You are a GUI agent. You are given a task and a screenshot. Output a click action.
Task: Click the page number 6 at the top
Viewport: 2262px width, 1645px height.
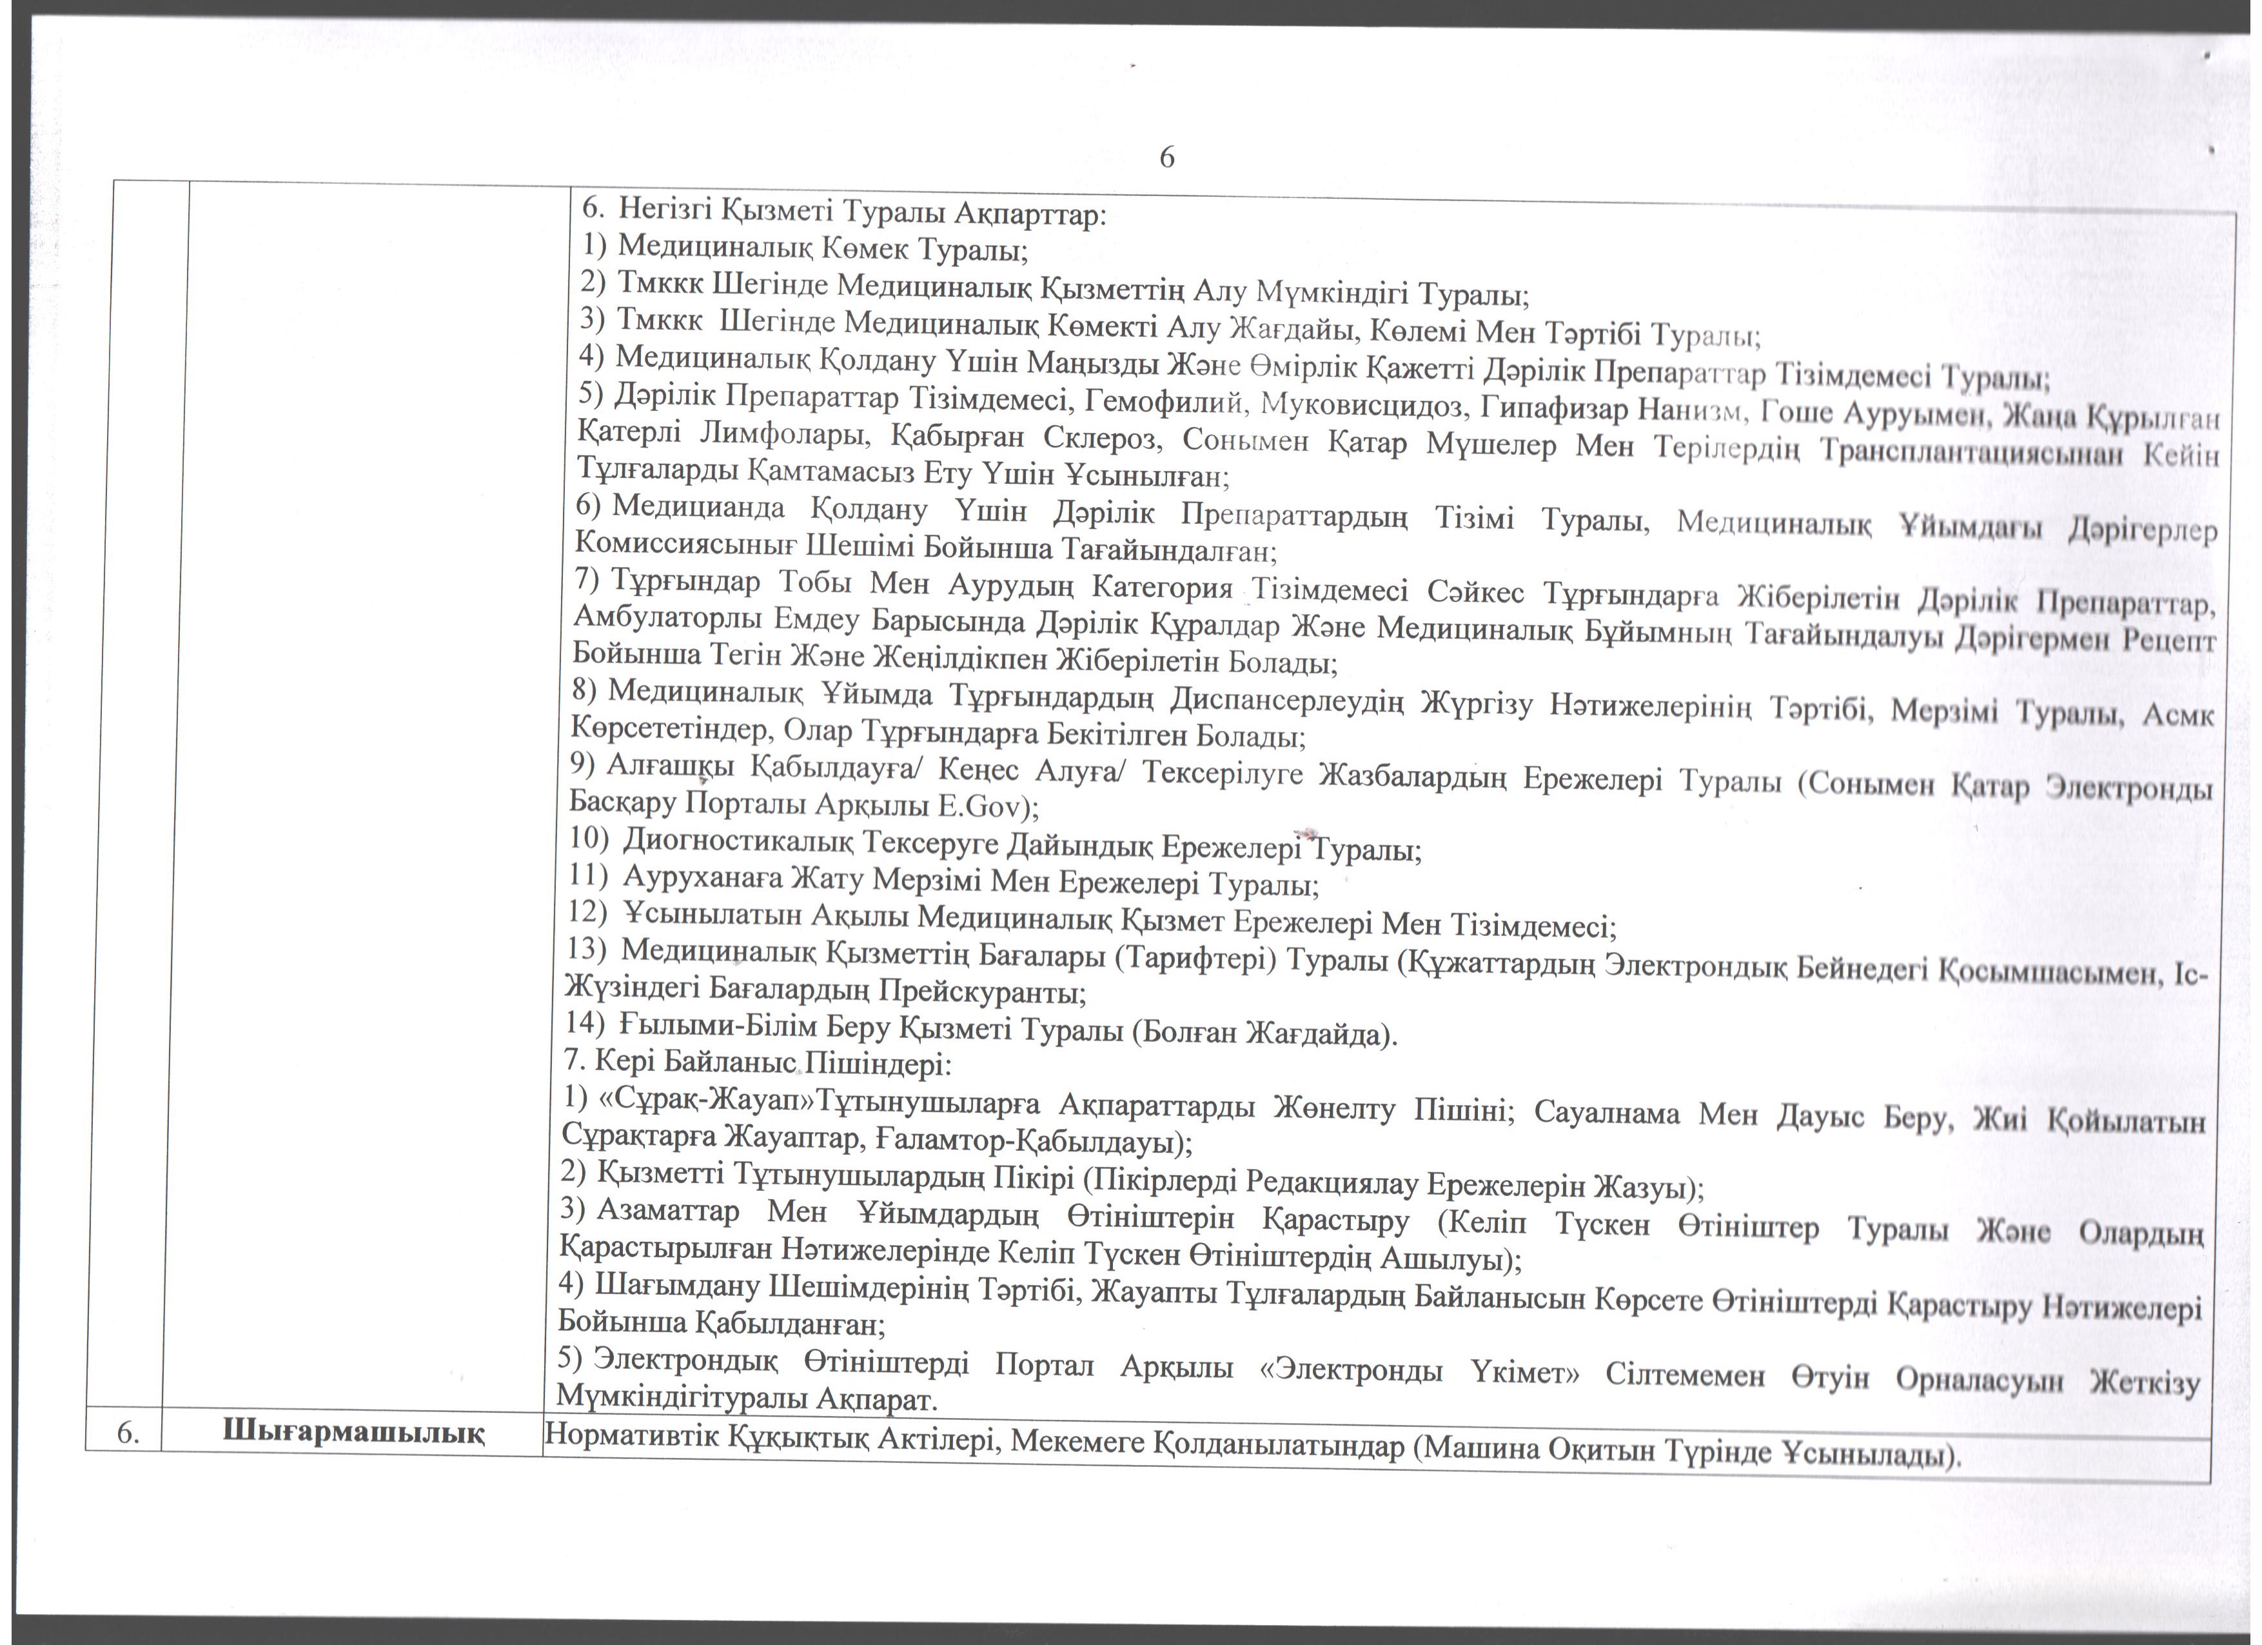[1167, 157]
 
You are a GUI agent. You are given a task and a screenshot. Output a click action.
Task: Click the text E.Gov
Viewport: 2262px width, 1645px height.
[980, 805]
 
